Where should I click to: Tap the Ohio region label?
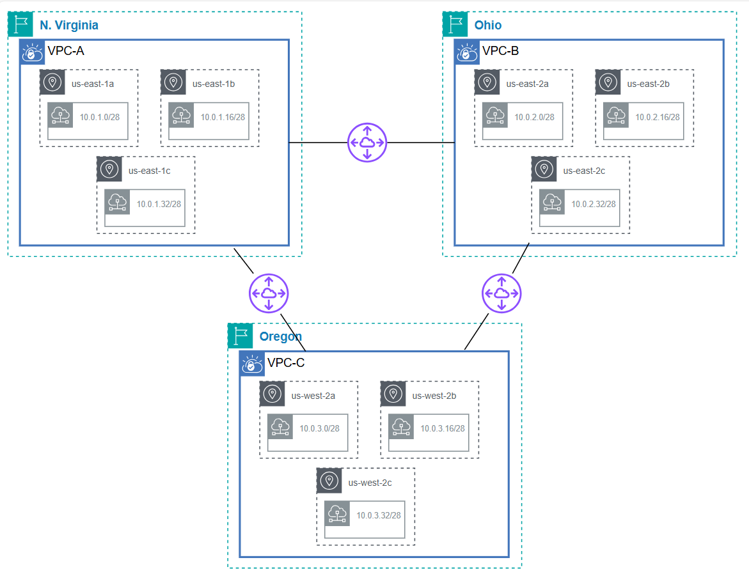click(488, 26)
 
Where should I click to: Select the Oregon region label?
click(280, 337)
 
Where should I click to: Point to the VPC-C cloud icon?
click(251, 364)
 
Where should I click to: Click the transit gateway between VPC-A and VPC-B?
click(367, 143)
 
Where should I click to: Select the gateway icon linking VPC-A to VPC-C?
click(269, 293)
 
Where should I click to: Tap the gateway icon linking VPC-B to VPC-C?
click(501, 293)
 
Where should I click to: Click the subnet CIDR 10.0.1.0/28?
click(99, 117)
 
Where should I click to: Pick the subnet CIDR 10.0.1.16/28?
click(223, 117)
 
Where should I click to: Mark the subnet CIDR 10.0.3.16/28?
click(443, 428)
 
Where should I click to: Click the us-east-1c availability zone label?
click(149, 170)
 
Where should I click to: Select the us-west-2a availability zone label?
click(313, 395)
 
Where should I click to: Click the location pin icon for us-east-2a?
click(487, 82)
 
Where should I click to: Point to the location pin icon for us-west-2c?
click(329, 481)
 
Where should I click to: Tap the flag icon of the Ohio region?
click(455, 24)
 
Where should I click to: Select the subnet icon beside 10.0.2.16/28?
click(616, 115)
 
